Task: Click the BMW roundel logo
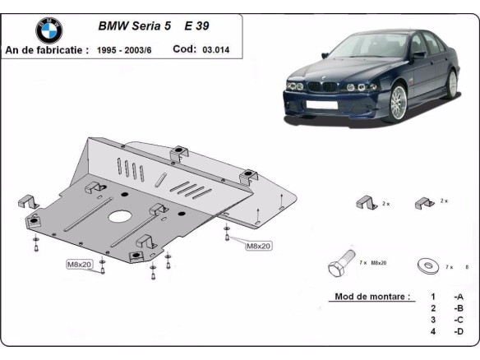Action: pyautogui.click(x=48, y=30)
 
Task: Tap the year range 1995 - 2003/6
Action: pyautogui.click(x=127, y=50)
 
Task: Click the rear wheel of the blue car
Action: pyautogui.click(x=451, y=81)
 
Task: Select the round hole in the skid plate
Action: pyautogui.click(x=121, y=218)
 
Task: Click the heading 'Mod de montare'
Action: pyautogui.click(x=372, y=297)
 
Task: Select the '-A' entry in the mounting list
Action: pyautogui.click(x=458, y=297)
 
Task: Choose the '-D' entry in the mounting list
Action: pyautogui.click(x=458, y=331)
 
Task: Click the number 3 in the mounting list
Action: pyautogui.click(x=432, y=320)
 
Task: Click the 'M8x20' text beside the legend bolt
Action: pyautogui.click(x=379, y=264)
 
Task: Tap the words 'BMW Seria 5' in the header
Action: pyautogui.click(x=135, y=25)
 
